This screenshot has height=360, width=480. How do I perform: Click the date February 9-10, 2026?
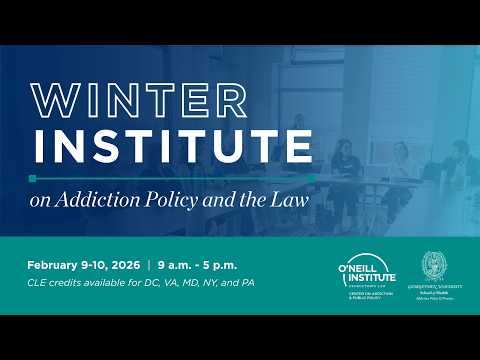coord(84,265)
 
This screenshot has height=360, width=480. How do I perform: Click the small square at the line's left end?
coord(33,178)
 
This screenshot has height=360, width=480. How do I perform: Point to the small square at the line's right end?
coord(312,178)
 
